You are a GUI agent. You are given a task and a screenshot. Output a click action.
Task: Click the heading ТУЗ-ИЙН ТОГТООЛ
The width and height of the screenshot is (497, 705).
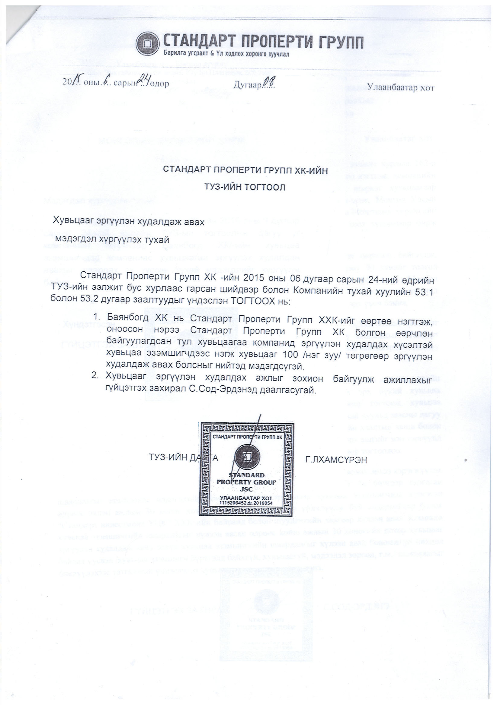coord(245,187)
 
